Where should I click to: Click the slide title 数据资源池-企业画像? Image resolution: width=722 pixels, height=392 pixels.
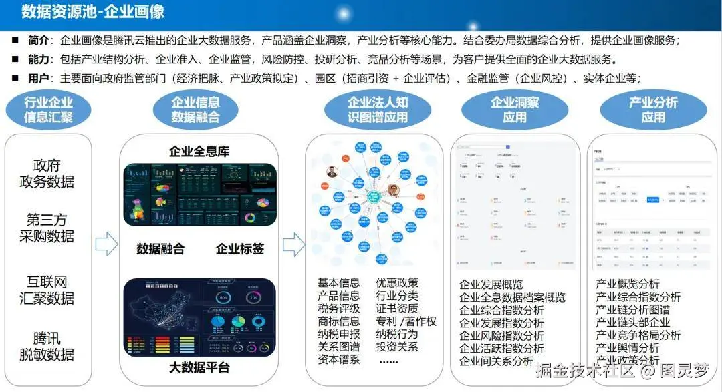point(93,11)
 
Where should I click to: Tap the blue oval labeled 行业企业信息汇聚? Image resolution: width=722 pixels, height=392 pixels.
point(48,110)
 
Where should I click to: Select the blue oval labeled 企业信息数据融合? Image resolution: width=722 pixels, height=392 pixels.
point(195,110)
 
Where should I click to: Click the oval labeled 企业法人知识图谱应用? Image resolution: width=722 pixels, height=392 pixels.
point(377,110)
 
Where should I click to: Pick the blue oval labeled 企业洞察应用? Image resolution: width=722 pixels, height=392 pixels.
point(515,110)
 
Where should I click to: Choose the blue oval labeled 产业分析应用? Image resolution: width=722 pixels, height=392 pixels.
point(653,110)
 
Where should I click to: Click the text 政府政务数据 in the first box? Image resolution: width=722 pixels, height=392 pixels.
point(47,173)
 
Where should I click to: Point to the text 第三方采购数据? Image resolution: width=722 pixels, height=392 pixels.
point(47,228)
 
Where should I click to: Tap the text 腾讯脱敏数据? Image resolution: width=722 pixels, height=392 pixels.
point(47,346)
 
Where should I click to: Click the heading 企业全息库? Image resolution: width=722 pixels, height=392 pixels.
point(199,152)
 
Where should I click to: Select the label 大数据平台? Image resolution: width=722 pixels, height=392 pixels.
point(199,367)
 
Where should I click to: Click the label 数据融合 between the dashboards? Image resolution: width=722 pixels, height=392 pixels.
point(160,249)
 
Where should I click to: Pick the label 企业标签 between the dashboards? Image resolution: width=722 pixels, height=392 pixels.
point(239,249)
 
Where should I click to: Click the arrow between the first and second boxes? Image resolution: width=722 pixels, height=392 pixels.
point(106,245)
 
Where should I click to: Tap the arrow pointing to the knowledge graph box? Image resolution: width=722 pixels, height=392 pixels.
point(293,245)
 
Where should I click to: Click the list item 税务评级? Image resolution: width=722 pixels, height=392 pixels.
point(338,309)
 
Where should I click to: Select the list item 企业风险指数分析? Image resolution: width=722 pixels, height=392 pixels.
point(501,336)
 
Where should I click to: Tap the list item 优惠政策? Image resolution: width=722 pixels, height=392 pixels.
point(397,283)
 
